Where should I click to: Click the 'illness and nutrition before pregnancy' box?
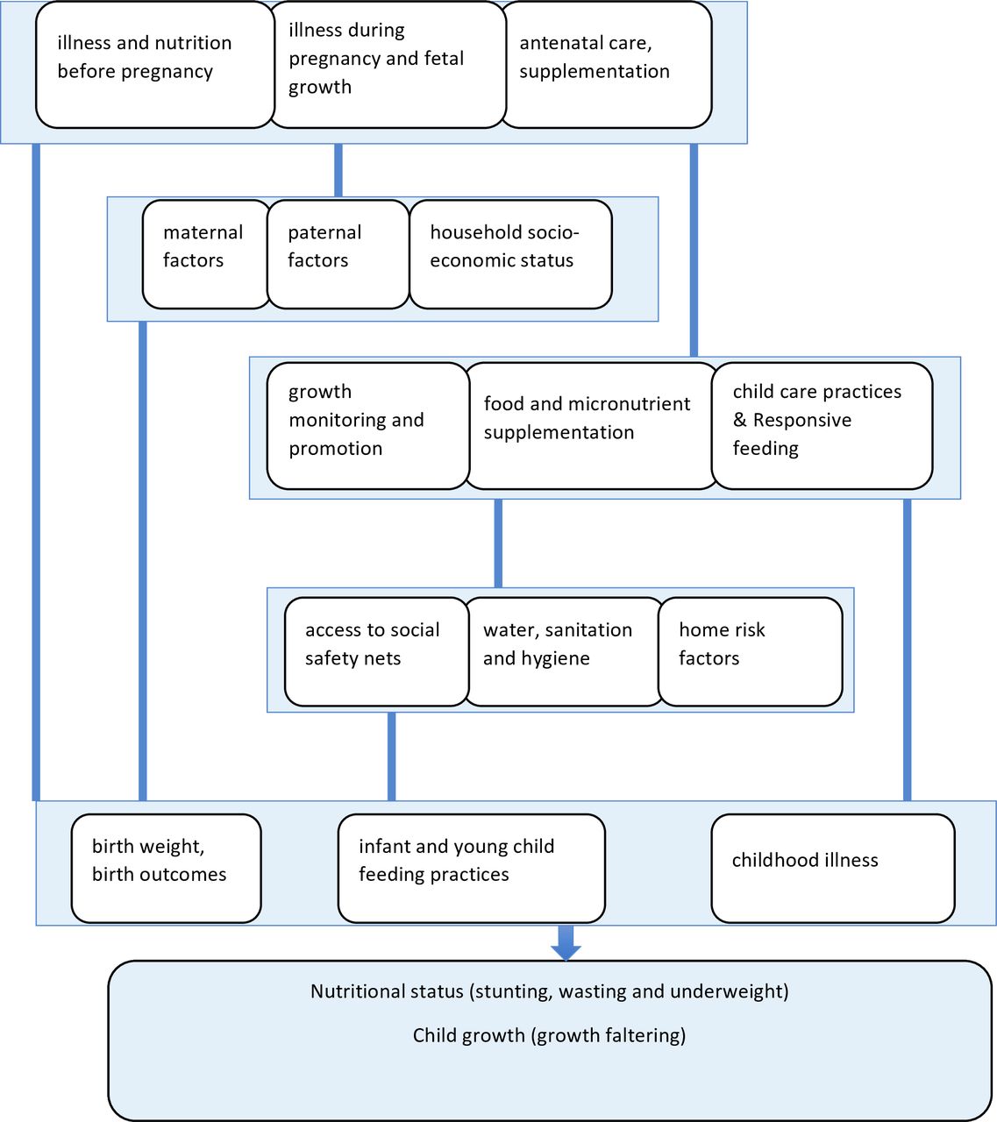[x=155, y=65]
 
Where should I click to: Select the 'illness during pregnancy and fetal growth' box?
[x=388, y=65]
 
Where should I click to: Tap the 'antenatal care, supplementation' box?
[x=606, y=65]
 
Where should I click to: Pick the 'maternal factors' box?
[x=206, y=254]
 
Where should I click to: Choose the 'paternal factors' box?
[x=338, y=254]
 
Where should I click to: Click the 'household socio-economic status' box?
[x=510, y=254]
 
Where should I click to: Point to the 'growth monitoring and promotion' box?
[x=368, y=426]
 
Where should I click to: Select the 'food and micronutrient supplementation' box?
[x=591, y=426]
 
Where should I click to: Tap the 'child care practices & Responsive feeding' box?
[x=822, y=426]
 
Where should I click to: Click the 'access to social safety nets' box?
[x=377, y=652]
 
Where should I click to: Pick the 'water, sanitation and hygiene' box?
[x=564, y=652]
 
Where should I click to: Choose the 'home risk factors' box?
[x=751, y=652]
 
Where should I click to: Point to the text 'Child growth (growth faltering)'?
[x=549, y=1035]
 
